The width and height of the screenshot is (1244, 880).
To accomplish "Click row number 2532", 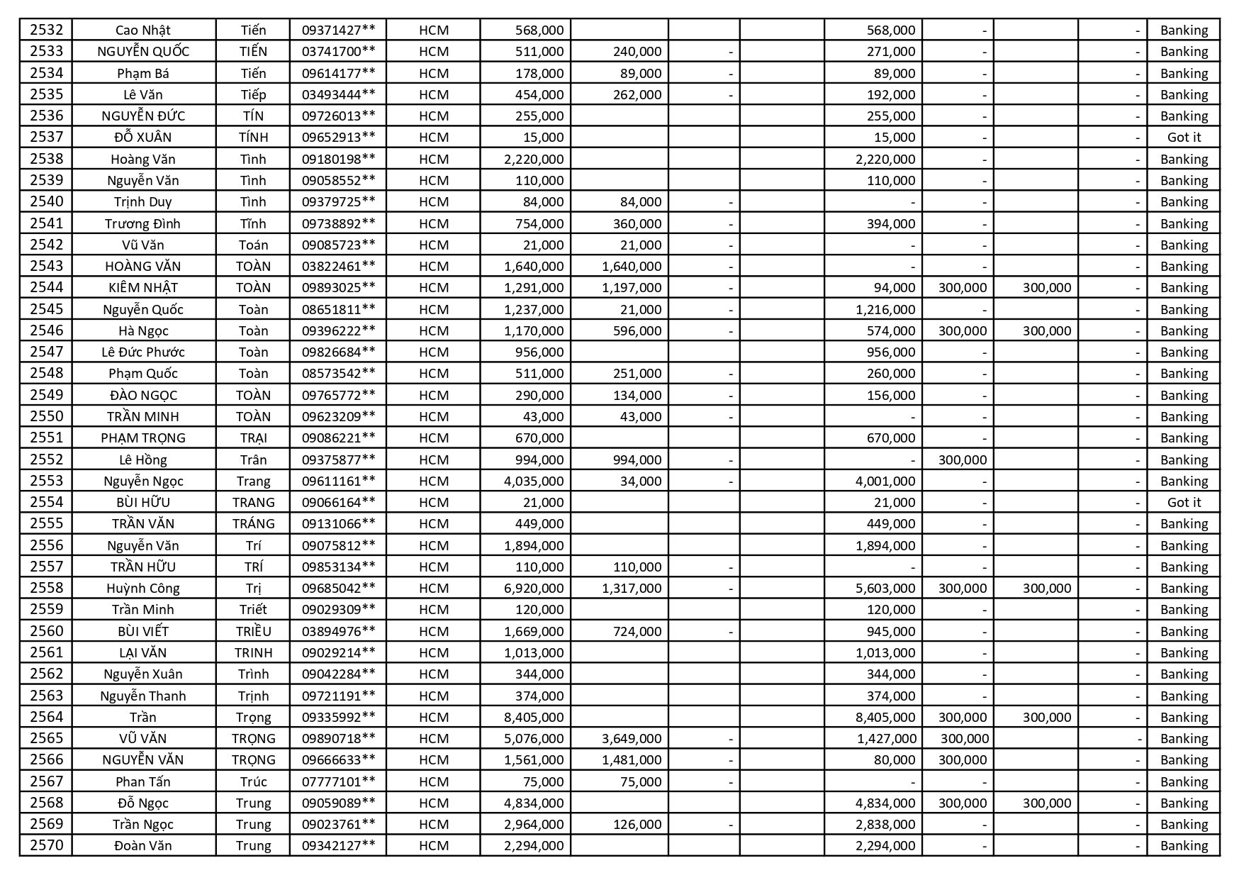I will pos(47,30).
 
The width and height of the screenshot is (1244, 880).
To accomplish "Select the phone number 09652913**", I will pos(338,137).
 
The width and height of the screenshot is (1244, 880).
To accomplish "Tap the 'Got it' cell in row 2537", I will pos(1184,137).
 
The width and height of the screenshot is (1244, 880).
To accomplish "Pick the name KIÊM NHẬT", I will pos(143,287).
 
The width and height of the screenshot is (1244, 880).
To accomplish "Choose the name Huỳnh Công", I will pos(143,588).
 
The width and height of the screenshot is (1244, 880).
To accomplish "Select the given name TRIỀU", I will pos(253,631).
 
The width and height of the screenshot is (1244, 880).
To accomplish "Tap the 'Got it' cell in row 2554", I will pos(1184,502).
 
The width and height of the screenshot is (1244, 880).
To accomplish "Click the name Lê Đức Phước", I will pos(143,352).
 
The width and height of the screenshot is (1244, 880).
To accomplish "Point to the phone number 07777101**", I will pos(338,781).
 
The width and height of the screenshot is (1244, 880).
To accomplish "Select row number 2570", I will pos(47,845).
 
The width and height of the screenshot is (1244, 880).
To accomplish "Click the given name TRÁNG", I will pos(253,523).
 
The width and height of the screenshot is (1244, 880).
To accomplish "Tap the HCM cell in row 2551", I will pos(434,438).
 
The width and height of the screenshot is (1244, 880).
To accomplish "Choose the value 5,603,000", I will pos(885,588).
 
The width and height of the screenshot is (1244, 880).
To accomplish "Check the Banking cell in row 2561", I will pos(1184,652).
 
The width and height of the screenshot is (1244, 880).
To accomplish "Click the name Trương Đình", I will pos(143,223).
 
